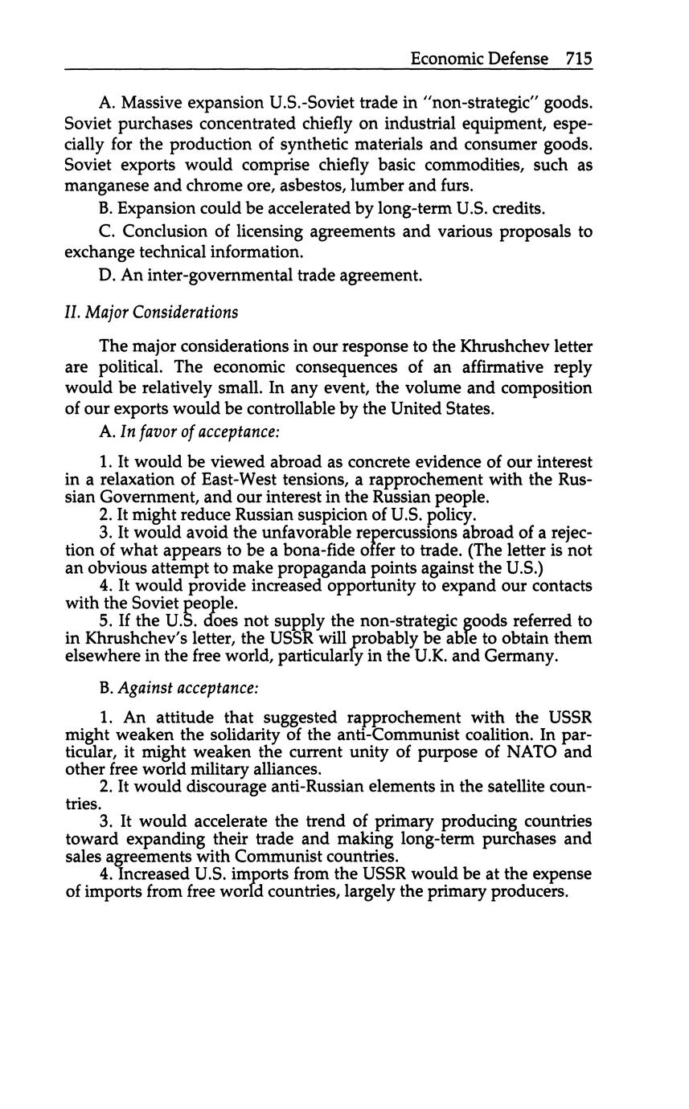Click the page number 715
click(x=579, y=59)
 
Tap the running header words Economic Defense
click(x=479, y=59)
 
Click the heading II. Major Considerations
click(x=151, y=312)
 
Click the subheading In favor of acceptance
click(x=199, y=432)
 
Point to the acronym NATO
click(x=527, y=752)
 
